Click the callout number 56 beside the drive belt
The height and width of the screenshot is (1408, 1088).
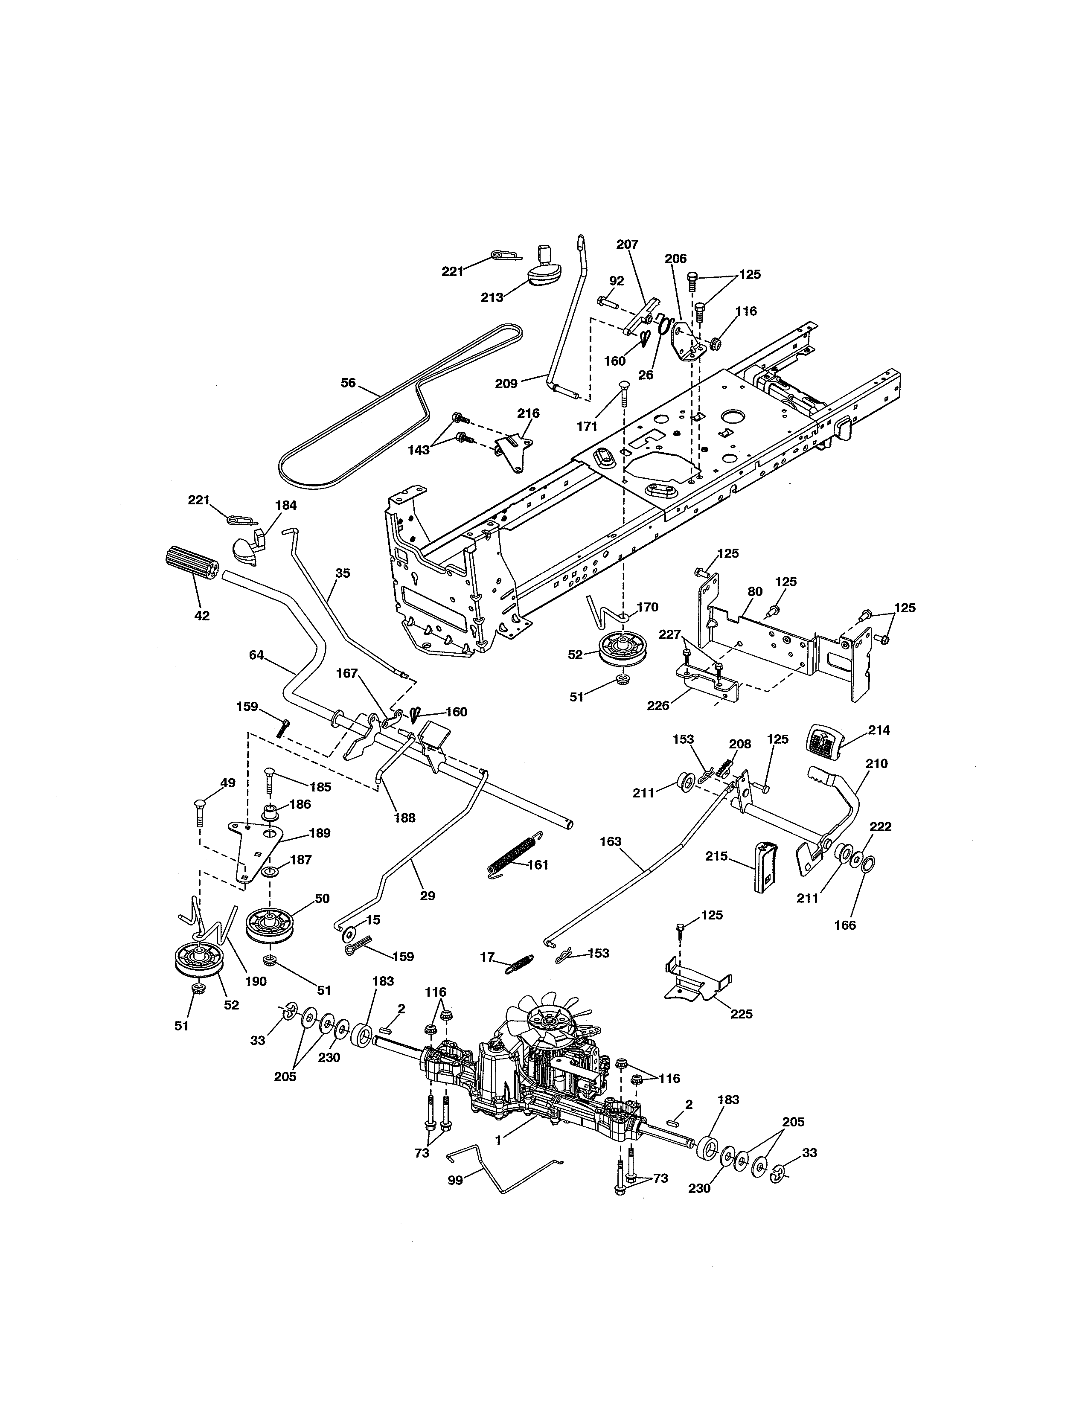(x=348, y=383)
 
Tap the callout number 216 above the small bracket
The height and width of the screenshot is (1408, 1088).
(x=529, y=413)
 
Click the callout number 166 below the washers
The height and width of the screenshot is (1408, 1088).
(x=844, y=925)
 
